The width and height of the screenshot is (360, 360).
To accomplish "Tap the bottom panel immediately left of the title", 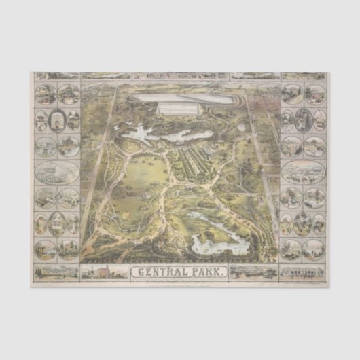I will pyautogui.click(x=105, y=272).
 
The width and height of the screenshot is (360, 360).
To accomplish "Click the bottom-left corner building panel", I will pyautogui.click(x=57, y=272).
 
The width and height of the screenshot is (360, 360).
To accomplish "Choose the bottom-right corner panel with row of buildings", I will pyautogui.click(x=302, y=272).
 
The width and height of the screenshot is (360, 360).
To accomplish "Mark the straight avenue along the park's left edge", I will pyautogui.click(x=99, y=170).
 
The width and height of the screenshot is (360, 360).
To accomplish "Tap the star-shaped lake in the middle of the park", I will pyautogui.click(x=143, y=132).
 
